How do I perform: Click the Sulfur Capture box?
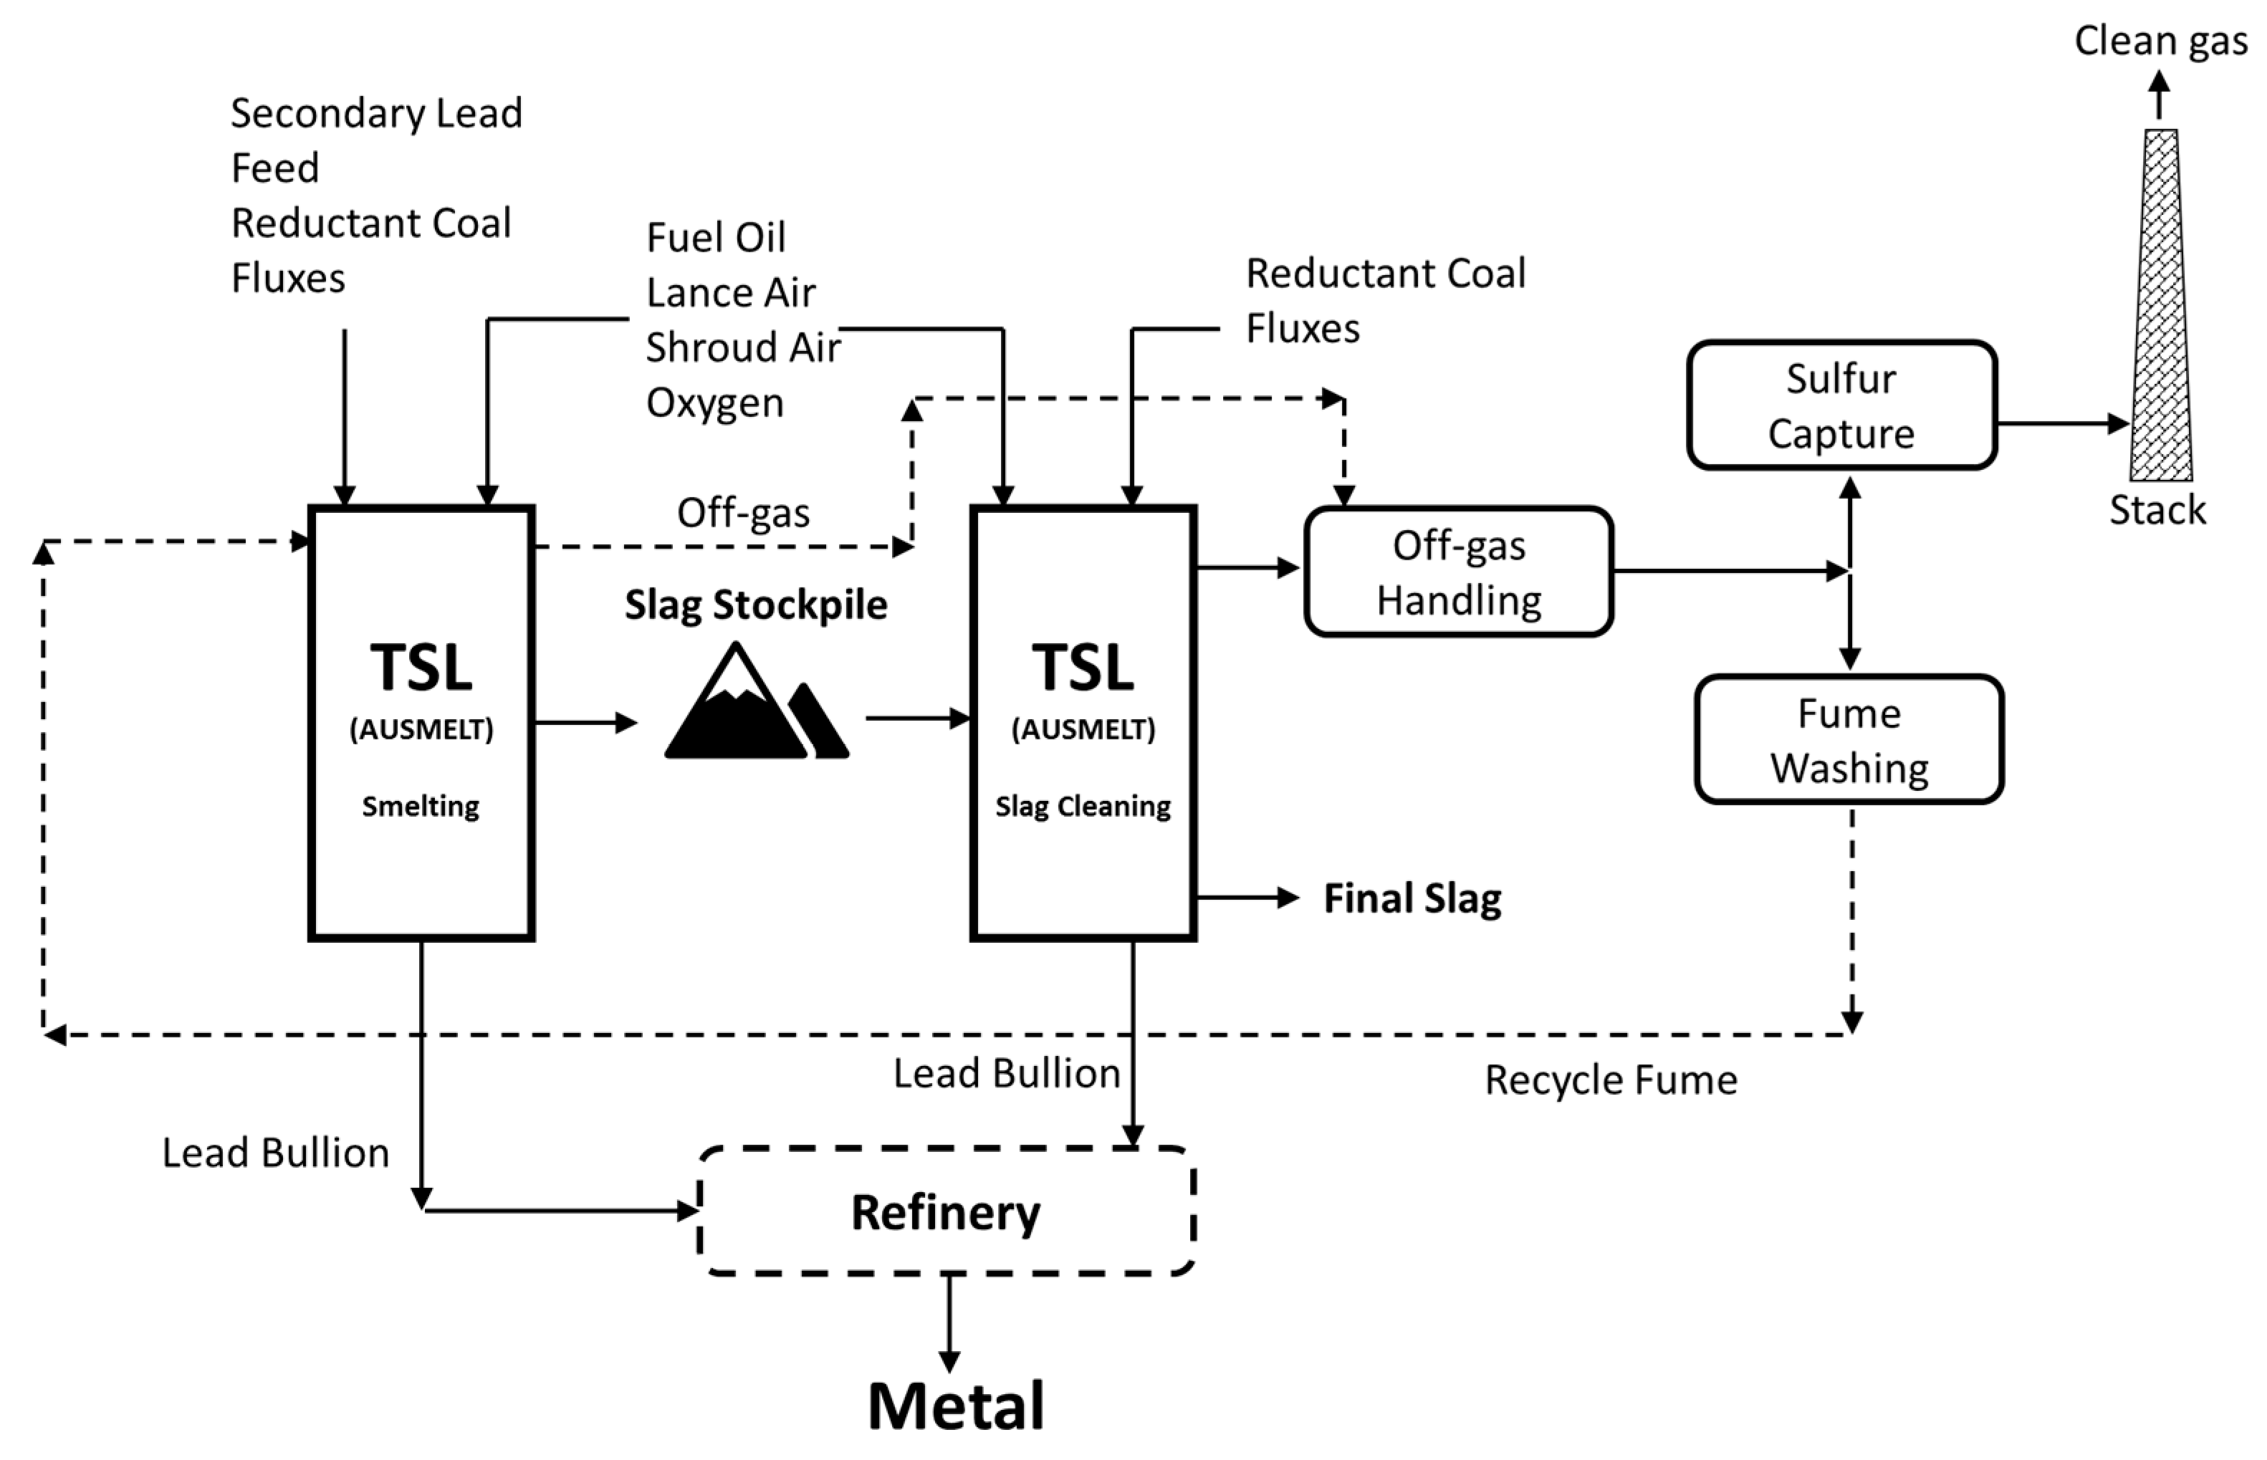tap(1841, 405)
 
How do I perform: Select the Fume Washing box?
tap(1848, 739)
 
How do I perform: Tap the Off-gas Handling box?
tap(1458, 572)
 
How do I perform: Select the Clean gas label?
tap(2160, 42)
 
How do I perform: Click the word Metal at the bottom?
tap(956, 1406)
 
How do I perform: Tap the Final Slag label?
tap(1412, 898)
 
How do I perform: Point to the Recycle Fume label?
tap(1610, 1080)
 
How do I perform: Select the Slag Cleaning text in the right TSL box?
tap(1083, 806)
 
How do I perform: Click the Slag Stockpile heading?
tap(756, 605)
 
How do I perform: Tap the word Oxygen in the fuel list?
tap(715, 403)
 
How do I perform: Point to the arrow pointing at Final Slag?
tap(1247, 897)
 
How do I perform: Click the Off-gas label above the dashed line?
tap(742, 513)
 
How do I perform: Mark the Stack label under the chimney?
tap(2157, 510)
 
